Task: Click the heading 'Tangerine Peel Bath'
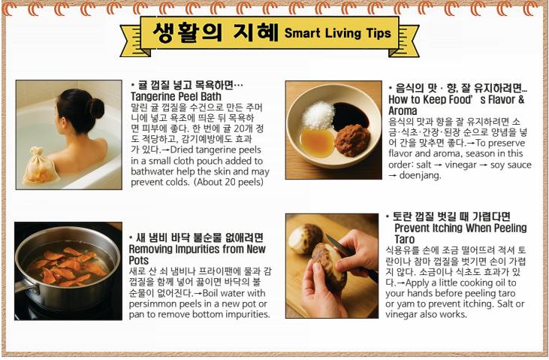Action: tap(176, 96)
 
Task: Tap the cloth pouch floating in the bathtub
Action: tap(39, 167)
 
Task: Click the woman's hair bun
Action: tap(95, 107)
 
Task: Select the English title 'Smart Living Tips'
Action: tap(337, 33)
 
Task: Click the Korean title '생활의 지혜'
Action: tap(216, 32)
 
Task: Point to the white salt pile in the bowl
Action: tap(318, 115)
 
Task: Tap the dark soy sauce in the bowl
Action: tap(350, 116)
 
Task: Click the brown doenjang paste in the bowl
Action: tap(352, 140)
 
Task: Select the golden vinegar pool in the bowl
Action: tap(317, 142)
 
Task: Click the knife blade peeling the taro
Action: tap(338, 246)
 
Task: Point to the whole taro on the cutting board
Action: tap(306, 238)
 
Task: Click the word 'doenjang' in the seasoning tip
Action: tap(420, 175)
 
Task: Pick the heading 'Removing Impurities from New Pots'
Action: tap(197, 255)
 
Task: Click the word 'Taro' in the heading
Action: tap(404, 240)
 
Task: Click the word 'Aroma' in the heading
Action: tap(403, 110)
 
